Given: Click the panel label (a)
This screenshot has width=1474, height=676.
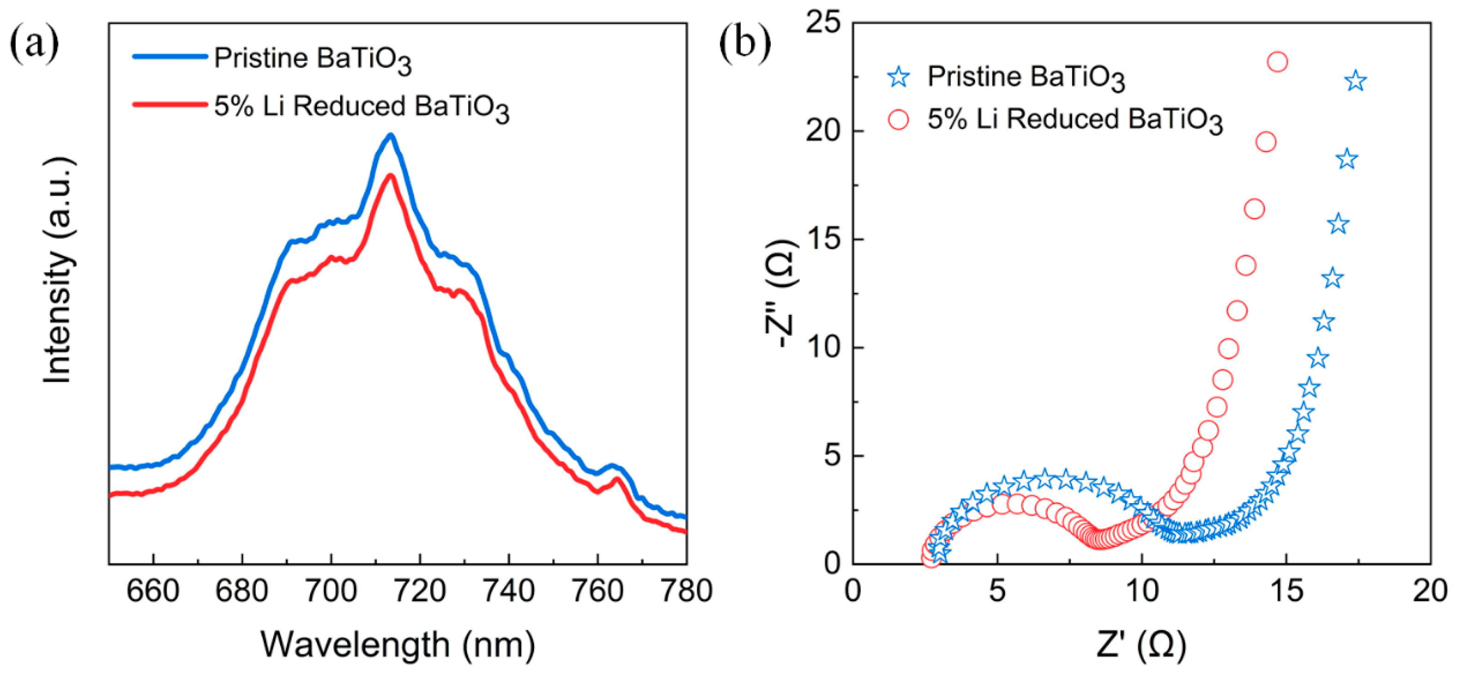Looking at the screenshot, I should [34, 45].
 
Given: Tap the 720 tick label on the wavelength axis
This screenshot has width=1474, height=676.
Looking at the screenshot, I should [420, 591].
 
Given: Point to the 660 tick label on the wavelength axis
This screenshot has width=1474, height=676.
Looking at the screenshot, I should [153, 591].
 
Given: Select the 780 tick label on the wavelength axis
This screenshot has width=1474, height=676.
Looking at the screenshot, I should [686, 591].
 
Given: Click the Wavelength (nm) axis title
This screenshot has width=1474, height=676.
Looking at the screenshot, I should [398, 645].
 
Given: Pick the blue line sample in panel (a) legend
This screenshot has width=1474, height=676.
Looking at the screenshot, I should [170, 57].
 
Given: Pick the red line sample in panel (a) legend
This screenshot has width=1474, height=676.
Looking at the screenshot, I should [170, 105].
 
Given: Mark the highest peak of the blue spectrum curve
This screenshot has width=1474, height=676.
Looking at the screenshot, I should [391, 135].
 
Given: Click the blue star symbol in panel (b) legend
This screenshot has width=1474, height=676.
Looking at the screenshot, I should [899, 77].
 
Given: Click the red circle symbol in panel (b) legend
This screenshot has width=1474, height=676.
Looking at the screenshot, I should [898, 120].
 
